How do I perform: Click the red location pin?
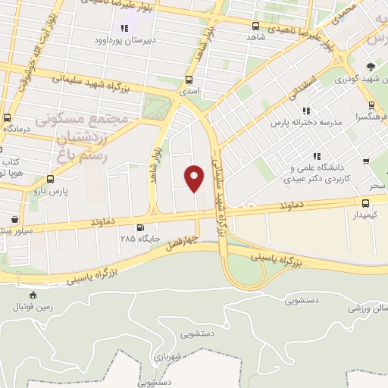pyautogui.click(x=195, y=177)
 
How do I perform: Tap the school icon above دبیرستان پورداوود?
pyautogui.click(x=124, y=29)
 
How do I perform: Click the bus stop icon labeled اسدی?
pyautogui.click(x=189, y=79)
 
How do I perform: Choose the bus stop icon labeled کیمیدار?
pyautogui.click(x=366, y=203)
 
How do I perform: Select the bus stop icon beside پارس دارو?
pyautogui.click(x=50, y=180)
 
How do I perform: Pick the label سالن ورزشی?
pyautogui.click(x=368, y=309)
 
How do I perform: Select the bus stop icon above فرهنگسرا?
pyautogui.click(x=372, y=106)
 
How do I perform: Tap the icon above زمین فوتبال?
pyautogui.click(x=32, y=295)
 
